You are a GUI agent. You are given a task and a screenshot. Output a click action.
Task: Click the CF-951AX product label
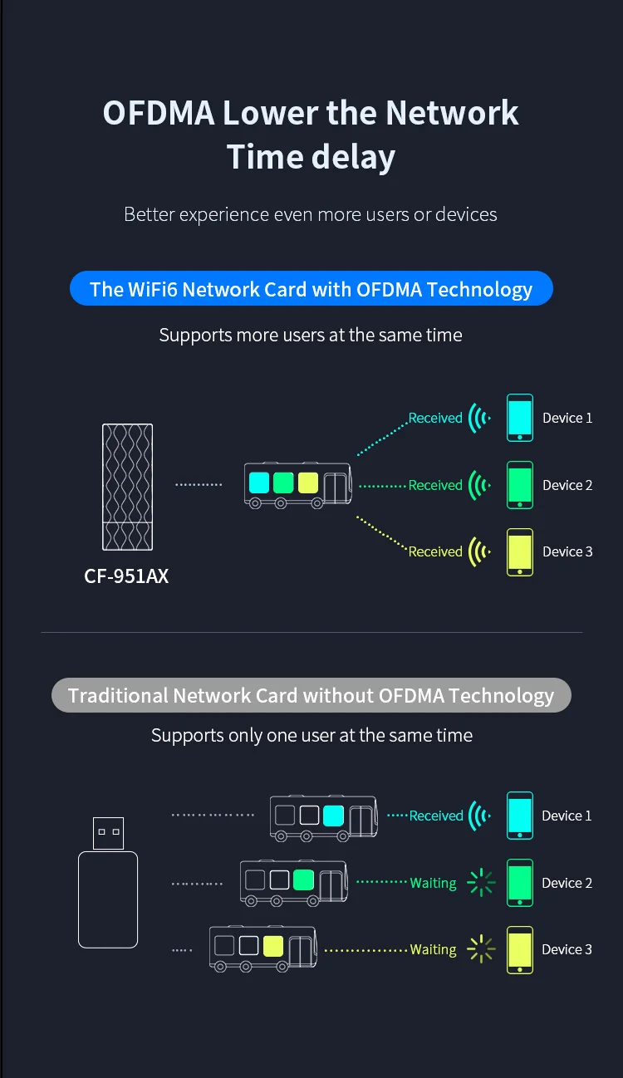126,576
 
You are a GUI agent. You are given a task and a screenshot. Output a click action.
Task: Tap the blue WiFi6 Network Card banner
311,288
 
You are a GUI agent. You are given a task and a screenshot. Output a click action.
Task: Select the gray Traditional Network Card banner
311,695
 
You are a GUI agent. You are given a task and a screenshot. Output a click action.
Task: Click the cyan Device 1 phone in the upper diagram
519,418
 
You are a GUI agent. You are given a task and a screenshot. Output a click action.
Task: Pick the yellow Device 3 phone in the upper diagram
519,552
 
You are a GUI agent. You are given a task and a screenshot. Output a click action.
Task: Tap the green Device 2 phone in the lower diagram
519,883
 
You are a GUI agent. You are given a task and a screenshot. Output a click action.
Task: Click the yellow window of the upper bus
308,483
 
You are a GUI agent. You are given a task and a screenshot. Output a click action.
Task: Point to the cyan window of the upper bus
259,483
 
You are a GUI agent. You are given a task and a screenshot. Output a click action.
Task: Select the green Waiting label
433,883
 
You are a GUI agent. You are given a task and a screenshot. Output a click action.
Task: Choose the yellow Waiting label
433,949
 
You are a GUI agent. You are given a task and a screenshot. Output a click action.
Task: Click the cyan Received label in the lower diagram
436,816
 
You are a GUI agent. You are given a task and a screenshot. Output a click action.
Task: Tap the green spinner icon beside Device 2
481,883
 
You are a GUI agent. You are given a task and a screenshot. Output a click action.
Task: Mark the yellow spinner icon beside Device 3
481,949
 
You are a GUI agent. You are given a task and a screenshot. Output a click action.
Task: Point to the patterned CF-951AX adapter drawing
128,487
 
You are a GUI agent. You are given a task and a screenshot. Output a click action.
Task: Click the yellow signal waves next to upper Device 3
479,551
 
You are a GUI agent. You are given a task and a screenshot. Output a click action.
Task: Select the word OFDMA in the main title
159,113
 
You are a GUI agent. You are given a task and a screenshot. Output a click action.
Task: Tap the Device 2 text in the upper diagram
567,485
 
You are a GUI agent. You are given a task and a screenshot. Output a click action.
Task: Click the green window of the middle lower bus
303,880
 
